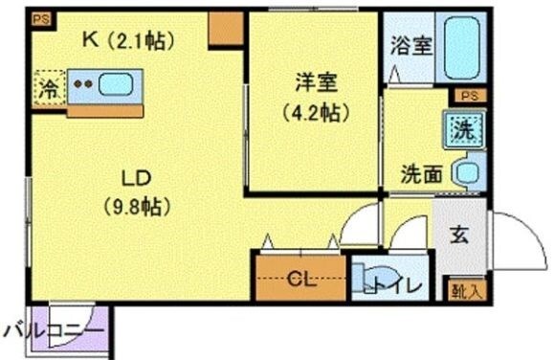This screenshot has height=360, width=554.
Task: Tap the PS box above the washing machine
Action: click(467, 96)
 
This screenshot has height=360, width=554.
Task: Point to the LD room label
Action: click(135, 179)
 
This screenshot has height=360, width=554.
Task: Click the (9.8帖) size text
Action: click(135, 206)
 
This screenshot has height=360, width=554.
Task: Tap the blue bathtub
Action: click(461, 46)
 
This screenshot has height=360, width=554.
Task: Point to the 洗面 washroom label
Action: click(421, 175)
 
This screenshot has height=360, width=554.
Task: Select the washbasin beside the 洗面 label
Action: click(467, 173)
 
